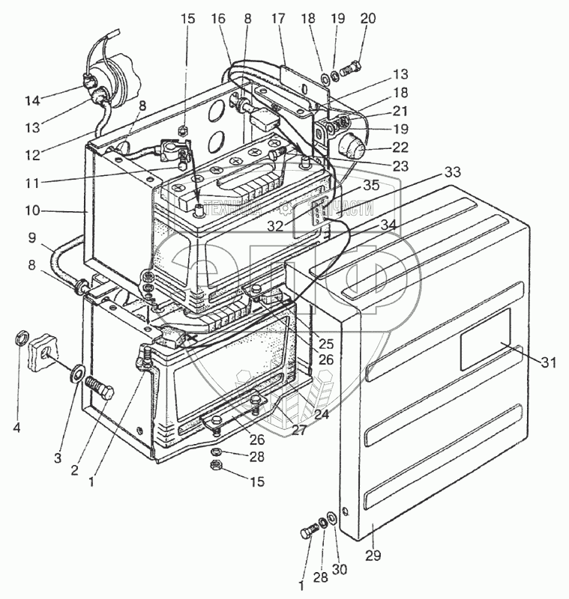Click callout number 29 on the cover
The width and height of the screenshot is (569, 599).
click(373, 556)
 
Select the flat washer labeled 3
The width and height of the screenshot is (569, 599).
click(77, 372)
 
